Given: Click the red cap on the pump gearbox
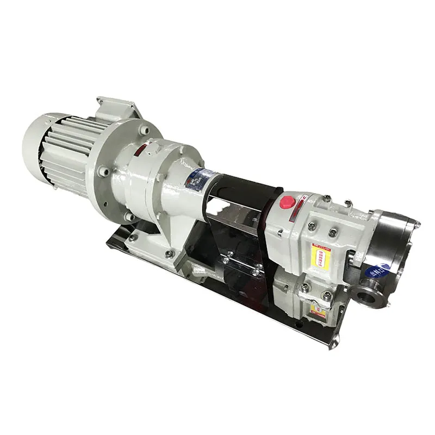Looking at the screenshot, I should click(x=286, y=203).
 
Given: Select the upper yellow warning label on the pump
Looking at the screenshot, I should click(x=319, y=254).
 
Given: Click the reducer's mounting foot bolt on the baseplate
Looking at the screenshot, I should click(x=168, y=254).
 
